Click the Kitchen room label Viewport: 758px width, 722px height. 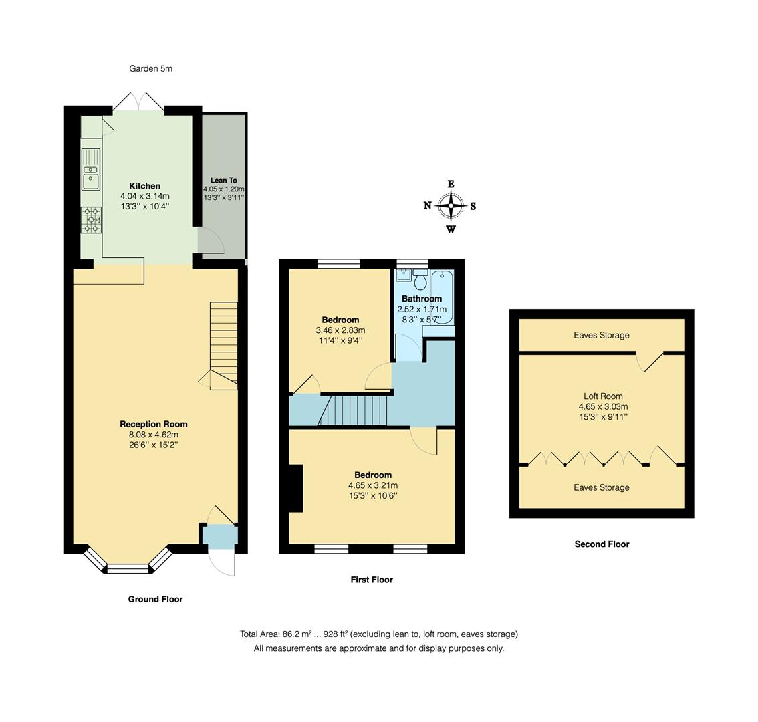(144, 186)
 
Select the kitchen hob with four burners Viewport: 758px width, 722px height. (91, 220)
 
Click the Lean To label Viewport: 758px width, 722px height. (223, 180)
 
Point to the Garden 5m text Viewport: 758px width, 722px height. (150, 68)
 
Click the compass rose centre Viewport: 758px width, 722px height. (451, 206)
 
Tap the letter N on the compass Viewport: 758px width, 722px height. (427, 206)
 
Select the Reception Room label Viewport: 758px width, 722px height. (154, 424)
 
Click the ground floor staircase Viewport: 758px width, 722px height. (223, 344)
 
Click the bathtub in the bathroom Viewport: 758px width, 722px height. (443, 297)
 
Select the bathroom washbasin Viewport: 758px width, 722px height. (404, 275)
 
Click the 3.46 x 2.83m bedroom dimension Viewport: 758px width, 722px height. (340, 330)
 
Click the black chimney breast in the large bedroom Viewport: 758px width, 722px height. (295, 489)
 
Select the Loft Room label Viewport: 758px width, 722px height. (603, 396)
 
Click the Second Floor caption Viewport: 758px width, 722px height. (602, 544)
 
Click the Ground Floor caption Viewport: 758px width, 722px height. (155, 599)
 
